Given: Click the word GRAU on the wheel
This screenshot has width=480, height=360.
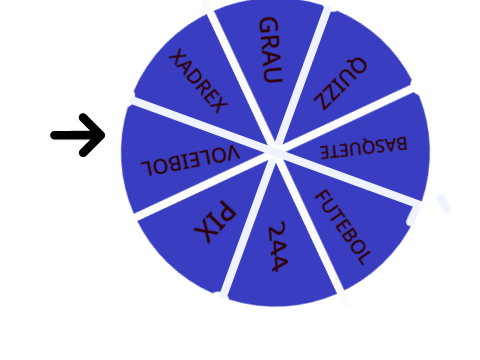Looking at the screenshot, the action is (x=271, y=50).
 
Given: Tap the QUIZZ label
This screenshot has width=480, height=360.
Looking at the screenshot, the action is (x=341, y=84).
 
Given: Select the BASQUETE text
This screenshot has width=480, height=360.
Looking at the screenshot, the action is (x=364, y=147).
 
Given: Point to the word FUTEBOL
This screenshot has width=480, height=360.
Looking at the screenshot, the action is (x=343, y=227).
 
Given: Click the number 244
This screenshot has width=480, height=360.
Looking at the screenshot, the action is (x=277, y=246).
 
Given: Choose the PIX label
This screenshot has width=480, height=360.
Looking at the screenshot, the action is (x=215, y=222).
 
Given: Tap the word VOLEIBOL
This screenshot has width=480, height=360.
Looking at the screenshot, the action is (x=190, y=160).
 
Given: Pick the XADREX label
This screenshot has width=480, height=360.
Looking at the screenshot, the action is (x=198, y=81).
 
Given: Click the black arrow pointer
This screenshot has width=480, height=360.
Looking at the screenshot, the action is (x=78, y=135).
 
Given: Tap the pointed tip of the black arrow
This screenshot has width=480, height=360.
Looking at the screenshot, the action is (x=105, y=135).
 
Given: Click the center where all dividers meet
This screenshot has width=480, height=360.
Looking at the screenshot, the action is (x=276, y=151).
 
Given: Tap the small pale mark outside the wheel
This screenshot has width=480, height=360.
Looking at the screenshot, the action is (x=444, y=203).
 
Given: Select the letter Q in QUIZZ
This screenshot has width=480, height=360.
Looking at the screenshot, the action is (x=357, y=66).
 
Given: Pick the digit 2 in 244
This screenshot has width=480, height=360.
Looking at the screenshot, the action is (x=277, y=230).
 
